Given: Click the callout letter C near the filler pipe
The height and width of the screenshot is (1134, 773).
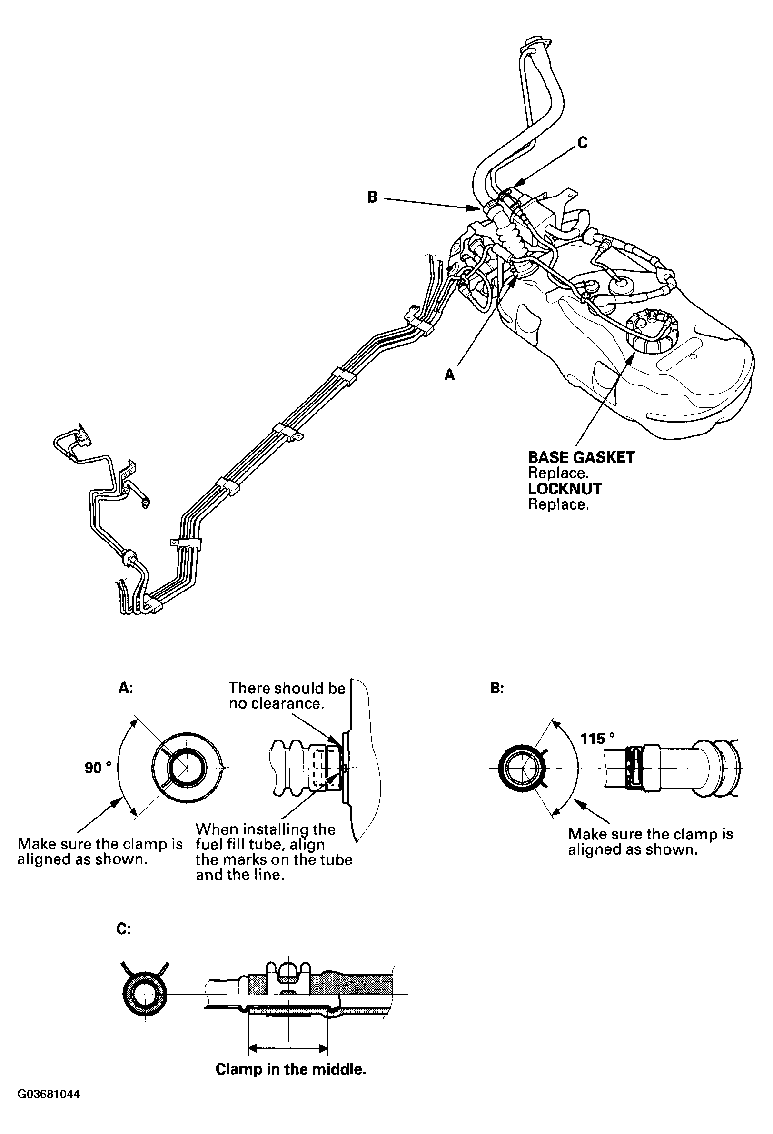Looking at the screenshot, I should (x=582, y=142).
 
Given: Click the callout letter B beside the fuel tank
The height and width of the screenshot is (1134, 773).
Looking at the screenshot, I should (x=372, y=197).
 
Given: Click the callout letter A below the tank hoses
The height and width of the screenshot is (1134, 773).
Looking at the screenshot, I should (x=449, y=374).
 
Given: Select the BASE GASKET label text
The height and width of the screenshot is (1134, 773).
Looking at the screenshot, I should (x=581, y=458).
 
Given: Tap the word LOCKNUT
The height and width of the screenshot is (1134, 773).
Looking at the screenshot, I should (x=565, y=489).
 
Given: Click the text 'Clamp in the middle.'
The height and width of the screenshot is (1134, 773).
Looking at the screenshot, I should (x=291, y=1070).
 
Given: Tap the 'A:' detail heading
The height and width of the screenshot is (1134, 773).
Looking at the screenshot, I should (x=125, y=689).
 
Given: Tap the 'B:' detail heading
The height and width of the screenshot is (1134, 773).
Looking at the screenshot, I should (x=497, y=689).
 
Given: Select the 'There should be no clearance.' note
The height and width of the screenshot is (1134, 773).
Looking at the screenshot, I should (x=287, y=695).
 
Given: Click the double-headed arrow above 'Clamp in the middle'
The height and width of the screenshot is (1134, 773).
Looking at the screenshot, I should (x=288, y=1048).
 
